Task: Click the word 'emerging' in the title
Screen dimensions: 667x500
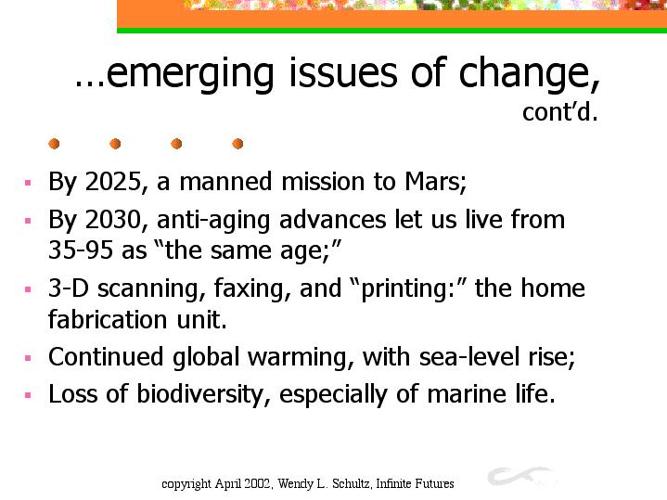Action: tap(190, 74)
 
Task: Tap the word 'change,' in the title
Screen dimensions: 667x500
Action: tap(530, 73)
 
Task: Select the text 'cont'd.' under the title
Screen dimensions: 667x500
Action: tap(560, 112)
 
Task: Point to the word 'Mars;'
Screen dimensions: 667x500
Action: tap(435, 182)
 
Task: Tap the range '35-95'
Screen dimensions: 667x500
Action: tap(81, 250)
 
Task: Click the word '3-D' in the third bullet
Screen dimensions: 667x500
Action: tap(69, 288)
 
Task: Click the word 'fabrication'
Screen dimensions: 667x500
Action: tap(108, 319)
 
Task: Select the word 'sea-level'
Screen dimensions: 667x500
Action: tap(469, 356)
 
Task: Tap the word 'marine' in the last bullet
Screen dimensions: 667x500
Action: tap(467, 393)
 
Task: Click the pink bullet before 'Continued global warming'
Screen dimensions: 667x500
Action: tap(28, 358)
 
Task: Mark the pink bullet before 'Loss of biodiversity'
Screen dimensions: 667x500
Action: tap(28, 395)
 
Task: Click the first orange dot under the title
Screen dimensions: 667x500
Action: tap(54, 144)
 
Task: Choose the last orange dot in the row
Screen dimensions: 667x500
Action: tap(237, 144)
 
